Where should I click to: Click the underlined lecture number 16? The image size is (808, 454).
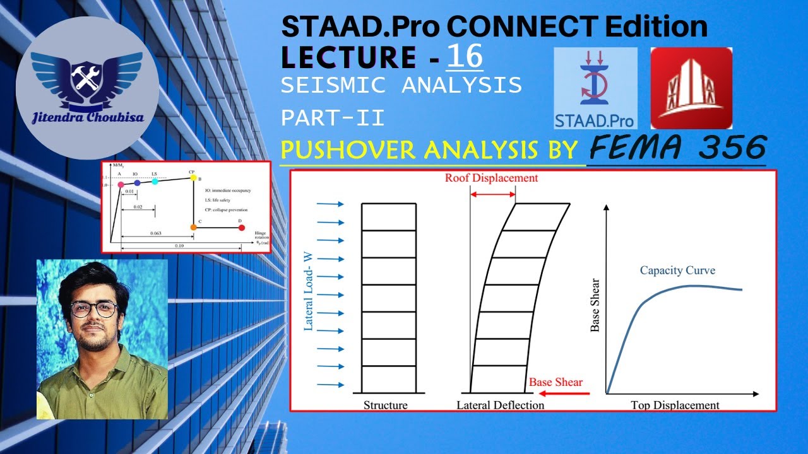point(465,57)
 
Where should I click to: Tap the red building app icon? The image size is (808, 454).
point(691,88)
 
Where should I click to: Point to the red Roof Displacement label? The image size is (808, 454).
point(491,178)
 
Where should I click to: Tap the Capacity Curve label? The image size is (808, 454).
point(677,271)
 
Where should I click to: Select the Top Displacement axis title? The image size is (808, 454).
point(675,405)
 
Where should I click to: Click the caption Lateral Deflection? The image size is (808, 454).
point(500,405)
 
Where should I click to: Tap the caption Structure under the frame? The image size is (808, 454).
point(385,405)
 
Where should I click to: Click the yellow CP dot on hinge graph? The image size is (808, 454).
point(193,178)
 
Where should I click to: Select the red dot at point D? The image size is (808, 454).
point(241,227)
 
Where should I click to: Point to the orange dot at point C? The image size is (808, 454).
point(193,227)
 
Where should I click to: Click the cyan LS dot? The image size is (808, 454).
point(155,182)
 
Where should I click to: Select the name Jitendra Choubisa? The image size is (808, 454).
point(87,117)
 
